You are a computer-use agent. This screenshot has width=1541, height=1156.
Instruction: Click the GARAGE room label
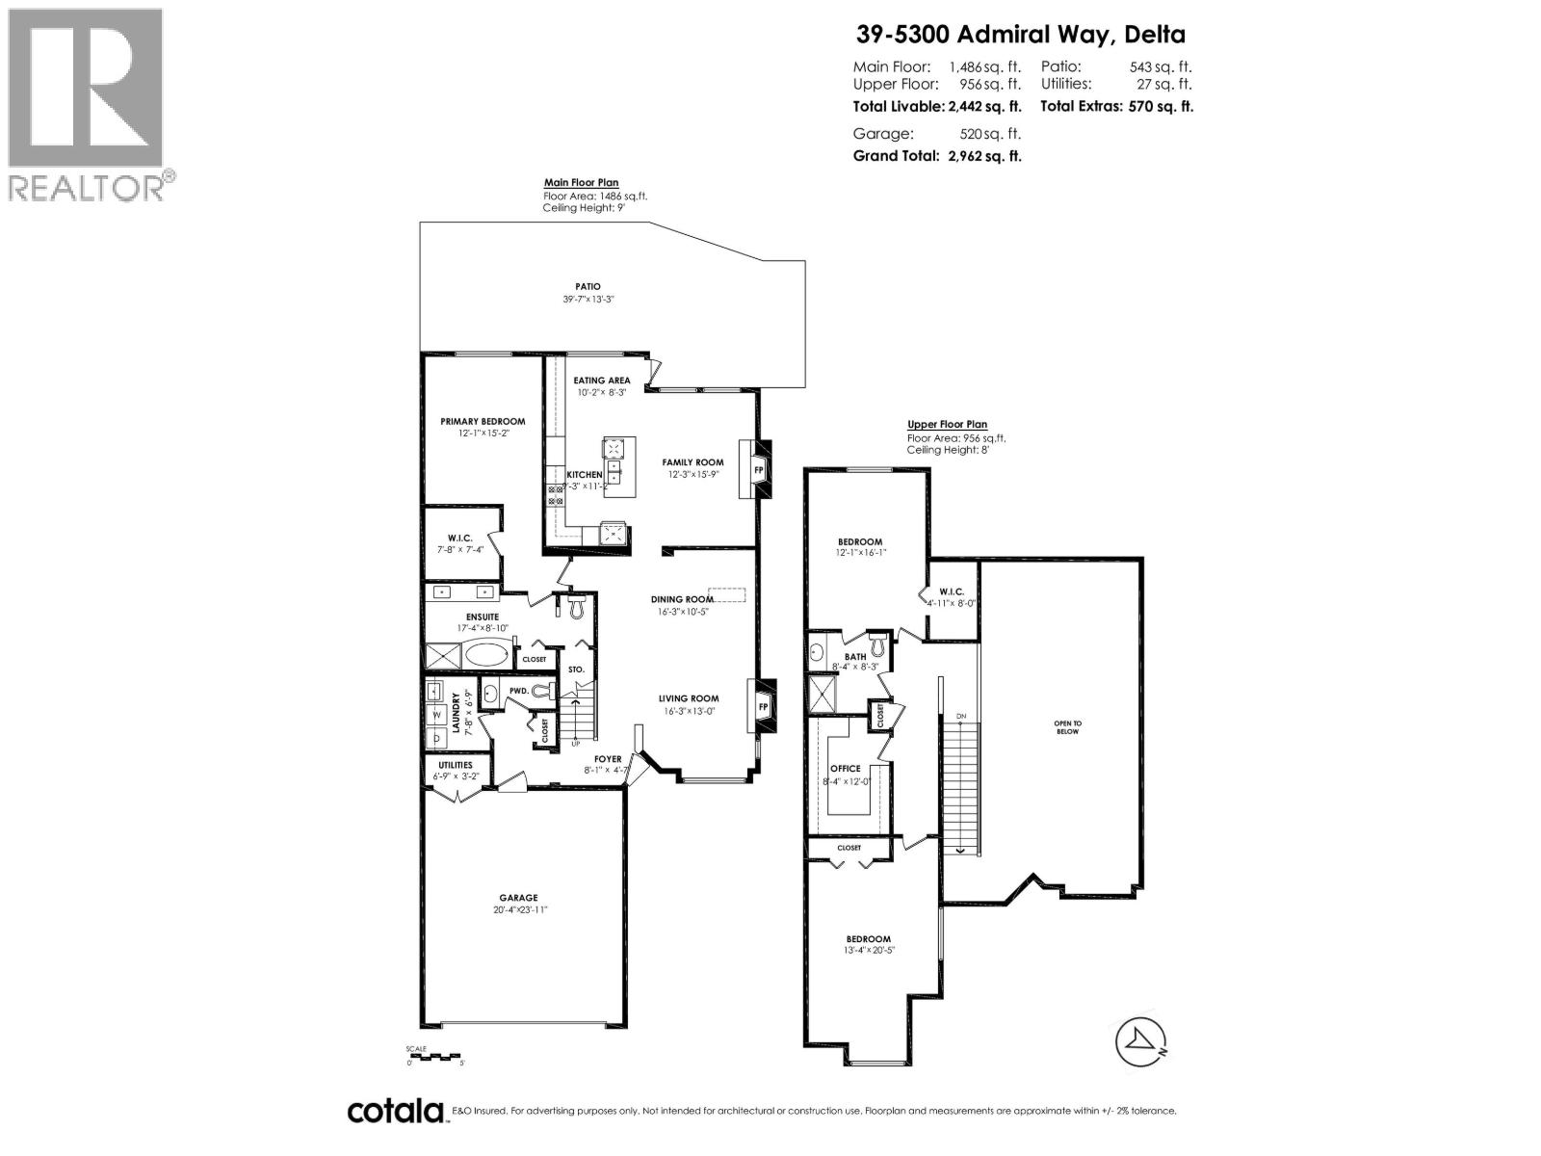[518, 898]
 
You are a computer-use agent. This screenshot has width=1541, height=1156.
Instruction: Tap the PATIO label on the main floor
[588, 286]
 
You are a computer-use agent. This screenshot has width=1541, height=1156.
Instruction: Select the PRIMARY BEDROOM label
[483, 421]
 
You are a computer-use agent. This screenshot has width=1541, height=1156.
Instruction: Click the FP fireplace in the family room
[758, 470]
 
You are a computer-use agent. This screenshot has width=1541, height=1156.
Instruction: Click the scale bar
[435, 1057]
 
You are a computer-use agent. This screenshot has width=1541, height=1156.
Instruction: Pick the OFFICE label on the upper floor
[846, 769]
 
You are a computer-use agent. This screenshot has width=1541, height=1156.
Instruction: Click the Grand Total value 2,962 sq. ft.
[980, 155]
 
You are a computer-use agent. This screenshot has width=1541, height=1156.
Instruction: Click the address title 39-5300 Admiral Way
[1021, 35]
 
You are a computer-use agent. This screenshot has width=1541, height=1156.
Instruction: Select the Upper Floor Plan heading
[947, 424]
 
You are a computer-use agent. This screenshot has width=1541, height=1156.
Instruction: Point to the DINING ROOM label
[682, 599]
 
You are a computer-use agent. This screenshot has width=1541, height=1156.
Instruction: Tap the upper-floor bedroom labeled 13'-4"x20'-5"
[869, 939]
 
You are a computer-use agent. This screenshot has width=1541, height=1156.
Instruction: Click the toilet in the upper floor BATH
[878, 639]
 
